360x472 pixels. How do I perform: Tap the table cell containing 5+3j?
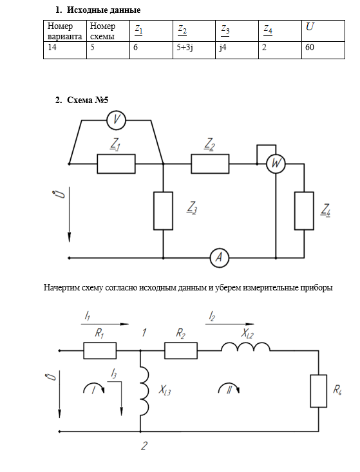194,50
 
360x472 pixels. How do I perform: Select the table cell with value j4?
237,50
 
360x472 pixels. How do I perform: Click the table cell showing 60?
323,50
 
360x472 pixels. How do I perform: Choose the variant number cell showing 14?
65,50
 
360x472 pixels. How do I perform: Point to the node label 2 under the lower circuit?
144,446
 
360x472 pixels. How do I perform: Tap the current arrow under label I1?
105,324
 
